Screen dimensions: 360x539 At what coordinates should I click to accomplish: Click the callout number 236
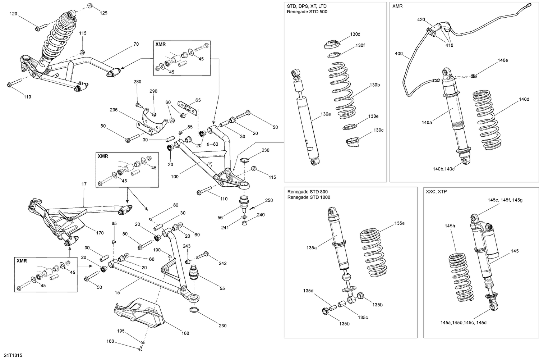tap(114, 110)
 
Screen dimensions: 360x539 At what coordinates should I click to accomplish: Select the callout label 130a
tap(326, 114)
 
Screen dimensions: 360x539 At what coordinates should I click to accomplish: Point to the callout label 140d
tap(524, 99)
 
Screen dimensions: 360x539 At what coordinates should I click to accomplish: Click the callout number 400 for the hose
tap(399, 54)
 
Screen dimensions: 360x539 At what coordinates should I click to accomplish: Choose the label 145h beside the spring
tap(450, 226)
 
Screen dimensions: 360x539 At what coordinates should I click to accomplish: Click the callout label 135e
tap(399, 223)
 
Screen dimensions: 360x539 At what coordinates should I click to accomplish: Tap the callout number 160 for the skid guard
tap(185, 333)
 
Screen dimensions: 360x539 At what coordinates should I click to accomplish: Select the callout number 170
tap(100, 233)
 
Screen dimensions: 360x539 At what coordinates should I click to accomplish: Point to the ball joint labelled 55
tap(194, 273)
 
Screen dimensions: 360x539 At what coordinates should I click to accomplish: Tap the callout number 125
tap(103, 13)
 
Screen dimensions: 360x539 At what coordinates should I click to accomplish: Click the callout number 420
tap(421, 20)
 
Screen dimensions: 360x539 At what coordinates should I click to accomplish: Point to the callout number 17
tap(84, 184)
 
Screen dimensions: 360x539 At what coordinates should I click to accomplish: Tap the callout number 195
tap(120, 331)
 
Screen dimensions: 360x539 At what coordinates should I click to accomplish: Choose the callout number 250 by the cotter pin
tap(269, 200)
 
